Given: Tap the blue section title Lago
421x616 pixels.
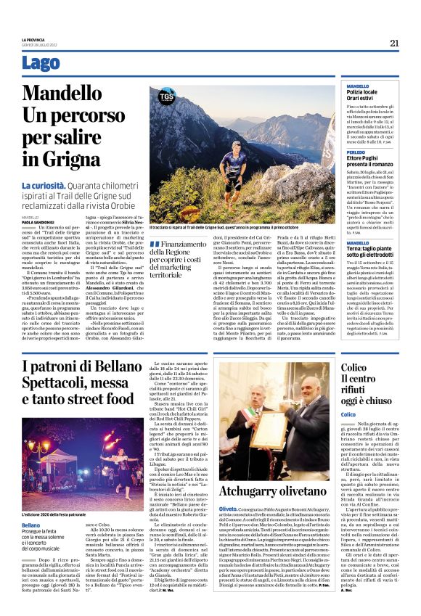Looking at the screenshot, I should (41, 63).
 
